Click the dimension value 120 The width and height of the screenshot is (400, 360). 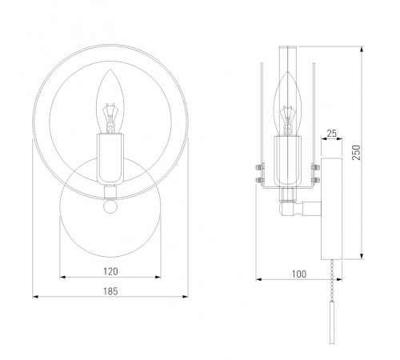pos(110,271)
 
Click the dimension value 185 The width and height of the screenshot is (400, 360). pos(110,291)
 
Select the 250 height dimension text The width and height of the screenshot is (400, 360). pos(356,153)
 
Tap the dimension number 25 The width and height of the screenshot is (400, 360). pos(331,134)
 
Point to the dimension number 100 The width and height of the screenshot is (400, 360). pos(299,274)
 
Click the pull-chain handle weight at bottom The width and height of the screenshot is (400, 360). pos(332,322)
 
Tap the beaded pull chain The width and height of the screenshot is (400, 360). pos(332,281)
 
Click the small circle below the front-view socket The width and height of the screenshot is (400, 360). pos(110,206)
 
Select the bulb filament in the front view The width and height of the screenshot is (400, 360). pos(110,118)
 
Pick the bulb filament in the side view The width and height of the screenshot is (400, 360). pos(287,120)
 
